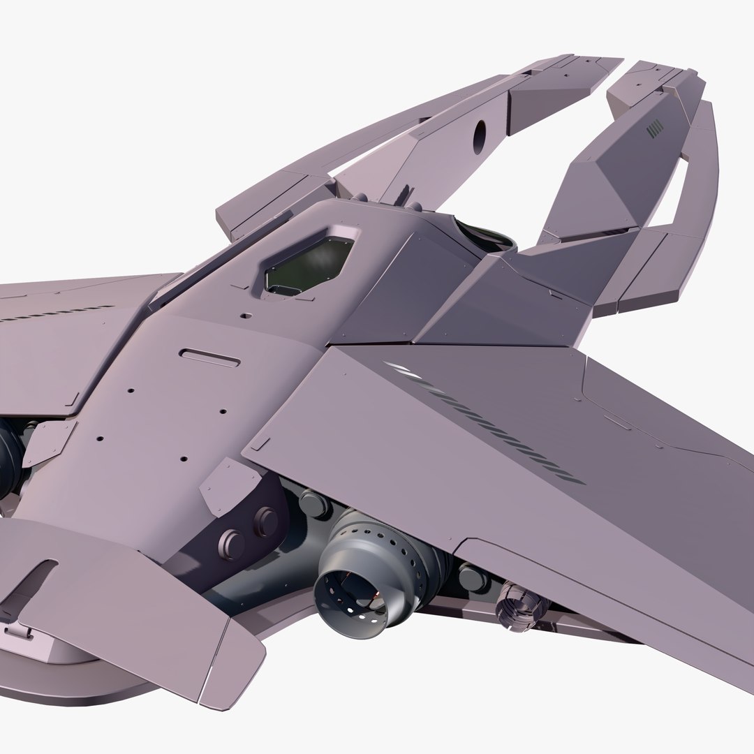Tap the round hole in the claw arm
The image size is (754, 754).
[x=480, y=138]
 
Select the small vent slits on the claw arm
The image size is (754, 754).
[x=654, y=129]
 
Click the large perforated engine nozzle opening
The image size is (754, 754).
[x=350, y=594]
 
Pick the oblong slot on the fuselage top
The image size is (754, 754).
[x=209, y=357]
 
